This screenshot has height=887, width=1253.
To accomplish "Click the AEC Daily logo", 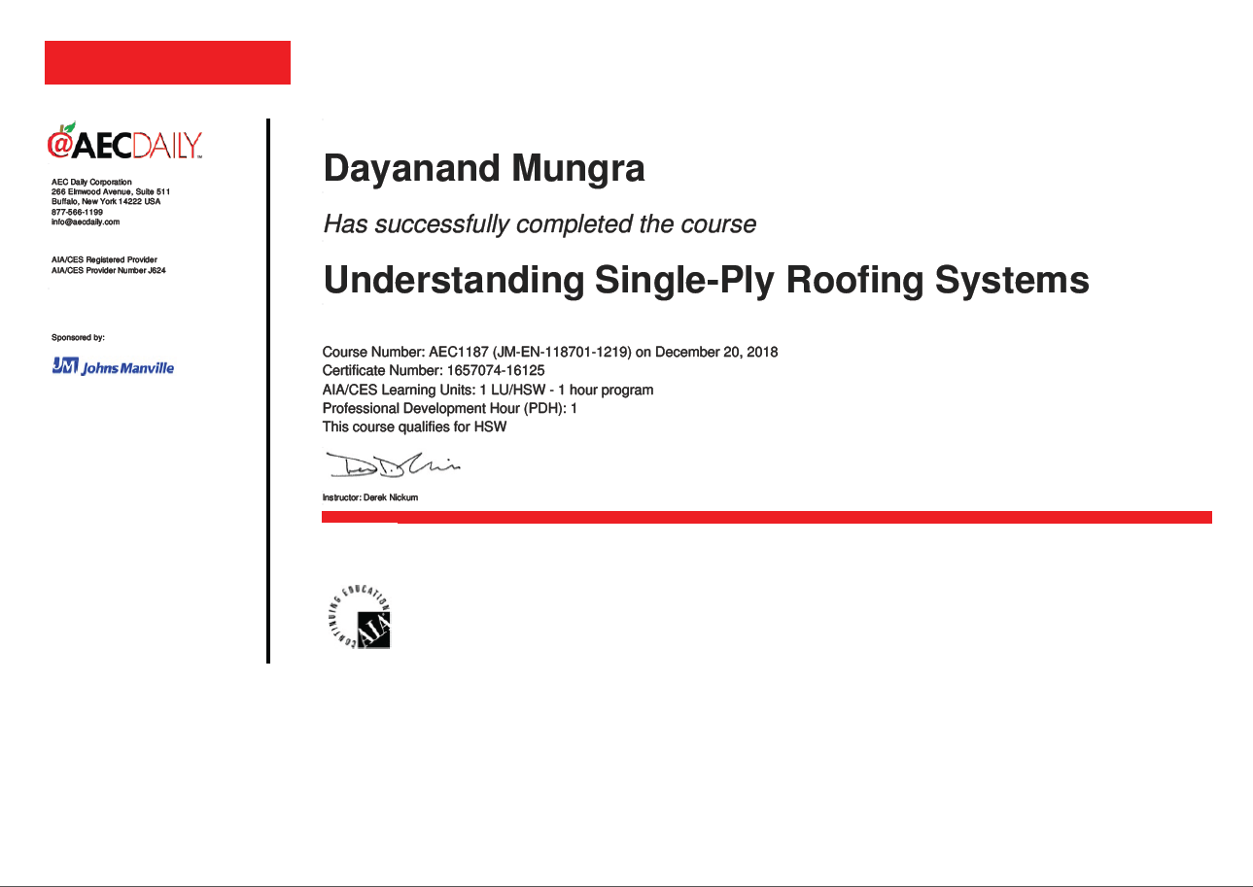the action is pos(124,141).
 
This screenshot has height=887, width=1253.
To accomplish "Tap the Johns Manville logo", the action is pos(113,366).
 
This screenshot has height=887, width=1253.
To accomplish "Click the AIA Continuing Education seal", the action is pos(359,617).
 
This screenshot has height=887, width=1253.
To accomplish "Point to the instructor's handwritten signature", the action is pos(393,465).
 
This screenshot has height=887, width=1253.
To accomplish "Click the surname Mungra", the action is pos(577,169).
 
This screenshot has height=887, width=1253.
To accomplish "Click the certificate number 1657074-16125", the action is pos(496,370).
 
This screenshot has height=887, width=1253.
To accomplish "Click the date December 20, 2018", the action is pos(716,352).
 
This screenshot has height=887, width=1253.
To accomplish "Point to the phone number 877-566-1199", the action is pos(77,213).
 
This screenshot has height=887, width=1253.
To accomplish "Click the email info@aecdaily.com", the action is pos(86,222).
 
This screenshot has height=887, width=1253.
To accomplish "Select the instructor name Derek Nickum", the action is pos(391,497).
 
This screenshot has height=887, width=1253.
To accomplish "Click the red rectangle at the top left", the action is pos(167,62).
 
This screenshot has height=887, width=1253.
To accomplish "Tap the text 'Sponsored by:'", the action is pos(79,337).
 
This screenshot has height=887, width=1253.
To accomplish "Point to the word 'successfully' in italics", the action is pos(442,224).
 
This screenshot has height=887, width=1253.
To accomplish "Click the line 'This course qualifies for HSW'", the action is pos(414,427).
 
